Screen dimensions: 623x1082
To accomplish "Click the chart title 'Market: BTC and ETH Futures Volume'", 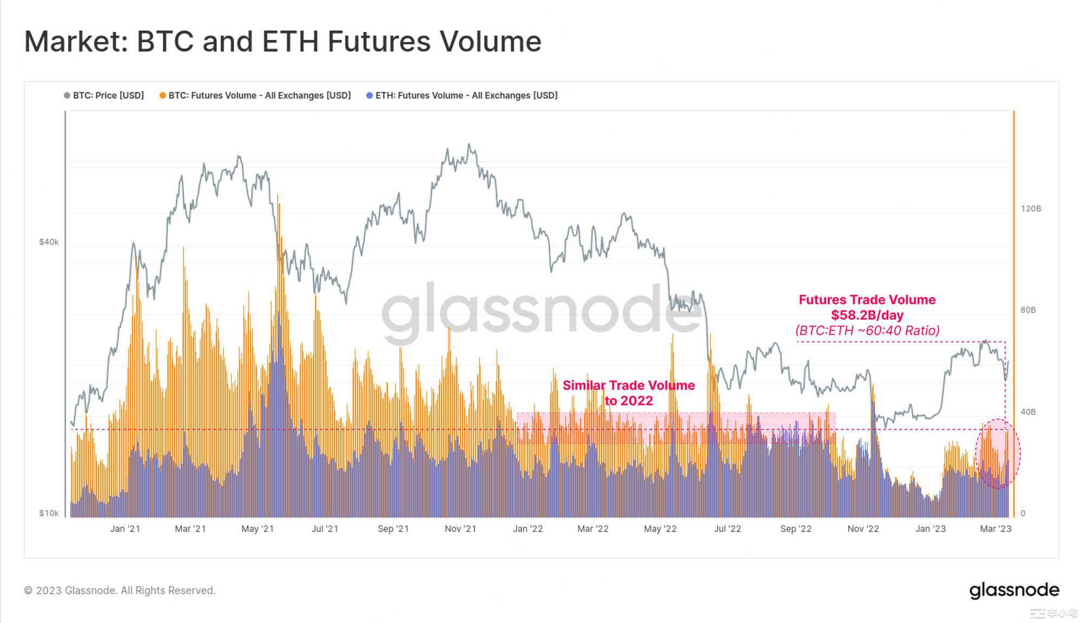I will [x=282, y=42].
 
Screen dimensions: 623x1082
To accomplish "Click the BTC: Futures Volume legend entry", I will [x=255, y=96].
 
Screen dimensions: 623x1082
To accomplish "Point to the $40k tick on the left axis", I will [x=49, y=242].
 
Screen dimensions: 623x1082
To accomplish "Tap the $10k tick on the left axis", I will [x=49, y=513].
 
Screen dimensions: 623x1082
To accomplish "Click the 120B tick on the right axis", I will [x=1031, y=209].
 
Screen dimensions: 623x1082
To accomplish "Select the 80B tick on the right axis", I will [x=1028, y=310].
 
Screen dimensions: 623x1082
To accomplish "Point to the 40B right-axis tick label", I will [x=1028, y=412].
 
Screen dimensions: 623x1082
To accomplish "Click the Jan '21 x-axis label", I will [x=125, y=529].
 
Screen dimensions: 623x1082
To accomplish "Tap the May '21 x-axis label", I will [x=258, y=529].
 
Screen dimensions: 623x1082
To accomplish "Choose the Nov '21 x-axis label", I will [x=460, y=529].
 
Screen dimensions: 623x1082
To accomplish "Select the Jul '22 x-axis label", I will [x=727, y=529].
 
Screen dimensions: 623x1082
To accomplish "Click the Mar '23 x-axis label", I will [x=995, y=529].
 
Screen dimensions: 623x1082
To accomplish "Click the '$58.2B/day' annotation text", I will [x=867, y=315].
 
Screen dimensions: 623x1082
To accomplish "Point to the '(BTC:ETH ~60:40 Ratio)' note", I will [x=867, y=330].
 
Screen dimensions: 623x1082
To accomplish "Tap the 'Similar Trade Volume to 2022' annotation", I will [x=629, y=393].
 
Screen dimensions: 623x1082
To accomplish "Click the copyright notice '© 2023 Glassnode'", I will [x=120, y=591].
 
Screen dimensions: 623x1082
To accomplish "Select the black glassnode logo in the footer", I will [x=1014, y=590].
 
